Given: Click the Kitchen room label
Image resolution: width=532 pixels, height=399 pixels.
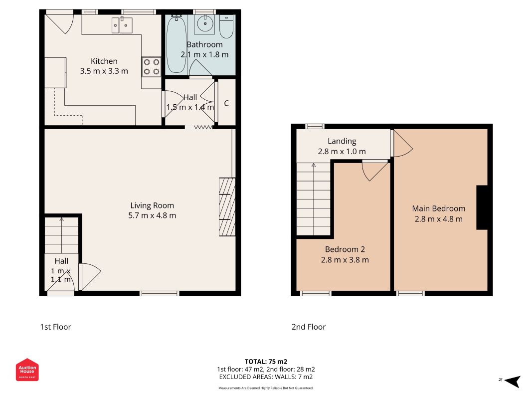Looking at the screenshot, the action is point(104,61).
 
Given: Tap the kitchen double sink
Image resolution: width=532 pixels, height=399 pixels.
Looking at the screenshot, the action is point(122,25).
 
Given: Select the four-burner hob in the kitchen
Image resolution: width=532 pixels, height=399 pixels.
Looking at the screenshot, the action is point(151,66).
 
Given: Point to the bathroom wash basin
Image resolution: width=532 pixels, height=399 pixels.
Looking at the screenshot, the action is point(204,24).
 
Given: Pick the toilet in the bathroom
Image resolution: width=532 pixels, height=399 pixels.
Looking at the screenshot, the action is point(226,26).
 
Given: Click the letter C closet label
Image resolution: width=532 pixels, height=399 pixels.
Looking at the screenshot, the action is point(226,103).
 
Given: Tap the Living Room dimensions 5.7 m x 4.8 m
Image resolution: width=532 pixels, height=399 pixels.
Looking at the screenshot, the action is point(152,215).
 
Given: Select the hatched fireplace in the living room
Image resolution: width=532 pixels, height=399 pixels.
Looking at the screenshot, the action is point(227,206).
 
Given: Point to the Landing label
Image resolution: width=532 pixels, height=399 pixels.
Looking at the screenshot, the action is point(342,141).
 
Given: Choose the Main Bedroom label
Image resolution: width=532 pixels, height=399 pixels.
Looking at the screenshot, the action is point(439,208).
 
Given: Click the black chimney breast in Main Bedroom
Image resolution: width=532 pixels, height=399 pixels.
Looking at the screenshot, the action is point(482,207).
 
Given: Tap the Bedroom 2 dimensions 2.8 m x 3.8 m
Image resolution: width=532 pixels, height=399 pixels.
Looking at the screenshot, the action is point(345,260).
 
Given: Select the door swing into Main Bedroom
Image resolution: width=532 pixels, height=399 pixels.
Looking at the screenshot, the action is point(402,144).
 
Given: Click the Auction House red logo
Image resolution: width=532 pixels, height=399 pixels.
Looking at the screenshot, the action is point(27,370).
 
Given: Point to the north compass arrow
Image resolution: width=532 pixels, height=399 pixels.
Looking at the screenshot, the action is point(513,381).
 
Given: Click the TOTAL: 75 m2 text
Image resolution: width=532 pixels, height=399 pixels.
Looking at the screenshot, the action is point(266,362).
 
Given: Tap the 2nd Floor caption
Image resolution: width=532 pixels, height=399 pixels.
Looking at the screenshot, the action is point(309,327).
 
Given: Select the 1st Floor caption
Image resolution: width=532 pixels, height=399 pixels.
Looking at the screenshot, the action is point(56,327).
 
